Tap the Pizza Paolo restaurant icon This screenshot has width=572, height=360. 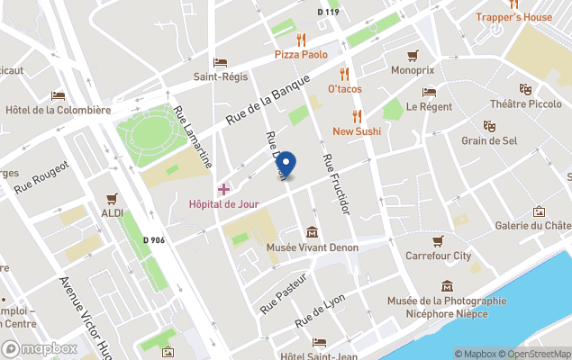click(301, 40)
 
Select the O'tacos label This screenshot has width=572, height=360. click(344, 89)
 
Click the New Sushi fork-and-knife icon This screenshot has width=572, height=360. click(357, 115)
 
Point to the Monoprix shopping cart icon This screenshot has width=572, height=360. click(413, 56)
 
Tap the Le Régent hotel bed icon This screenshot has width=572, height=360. click(429, 92)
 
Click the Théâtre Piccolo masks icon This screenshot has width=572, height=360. click(525, 89)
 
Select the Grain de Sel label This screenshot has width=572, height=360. click(489, 140)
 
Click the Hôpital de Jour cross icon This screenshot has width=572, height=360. click(223, 189)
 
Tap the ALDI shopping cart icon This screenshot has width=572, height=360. click(113, 198)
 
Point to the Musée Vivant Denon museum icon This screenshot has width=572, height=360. click(312, 232)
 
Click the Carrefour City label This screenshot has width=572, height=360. click(438, 256)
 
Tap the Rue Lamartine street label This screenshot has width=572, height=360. click(194, 136)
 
